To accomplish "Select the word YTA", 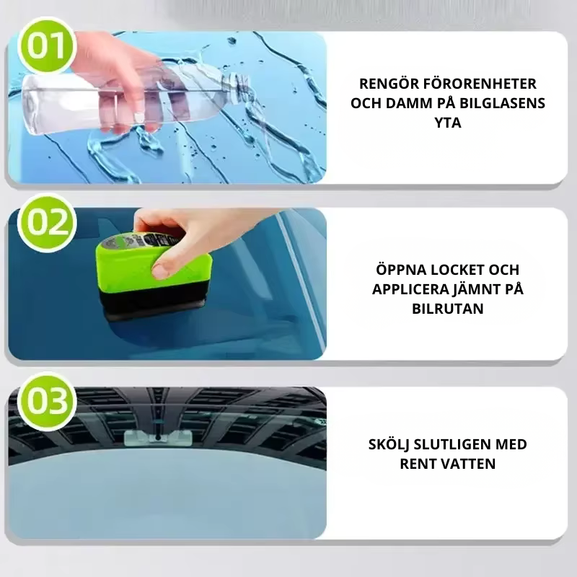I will tap(448, 123).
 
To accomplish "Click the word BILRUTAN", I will tap(448, 308).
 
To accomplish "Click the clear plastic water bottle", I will tap(87, 101).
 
